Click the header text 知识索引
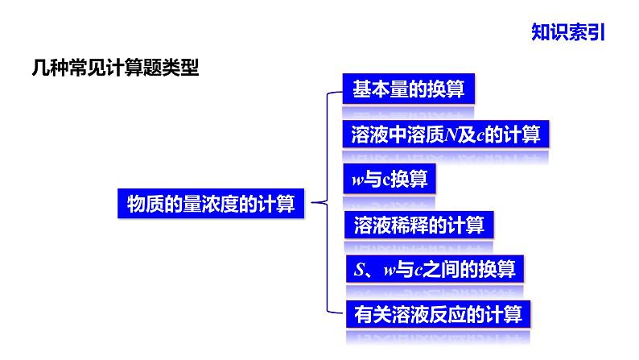pyautogui.click(x=567, y=32)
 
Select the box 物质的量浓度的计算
pyautogui.click(x=212, y=204)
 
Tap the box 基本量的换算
pyautogui.click(x=408, y=89)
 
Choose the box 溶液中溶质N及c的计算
pyautogui.click(x=445, y=133)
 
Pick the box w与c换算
pyautogui.click(x=390, y=179)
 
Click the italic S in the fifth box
pyautogui.click(x=359, y=268)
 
